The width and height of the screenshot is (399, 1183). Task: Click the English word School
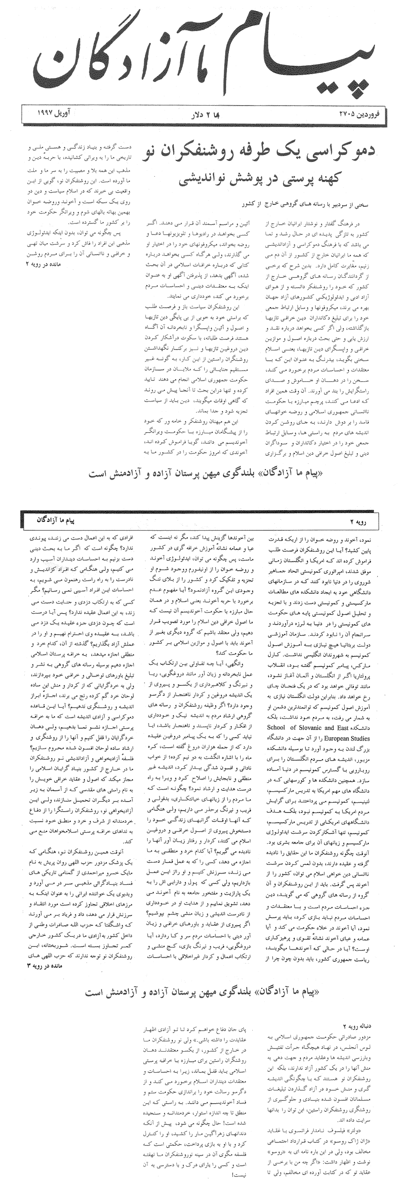click(x=276, y=728)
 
